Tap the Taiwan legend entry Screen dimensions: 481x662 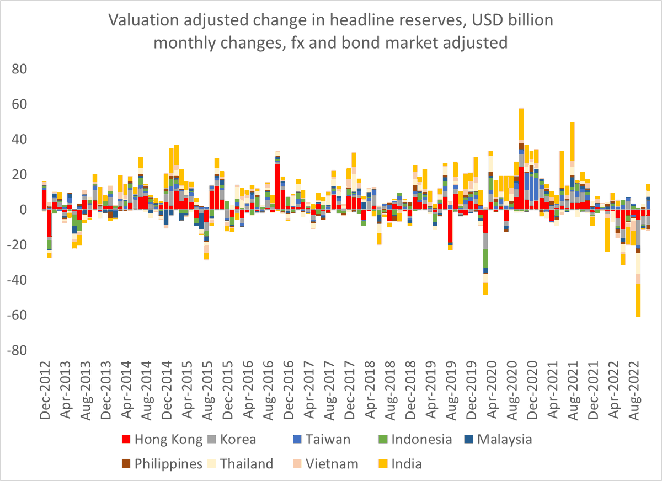[x=323, y=440]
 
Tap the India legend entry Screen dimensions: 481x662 [x=406, y=464]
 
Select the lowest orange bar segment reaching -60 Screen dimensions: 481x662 [x=638, y=300]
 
